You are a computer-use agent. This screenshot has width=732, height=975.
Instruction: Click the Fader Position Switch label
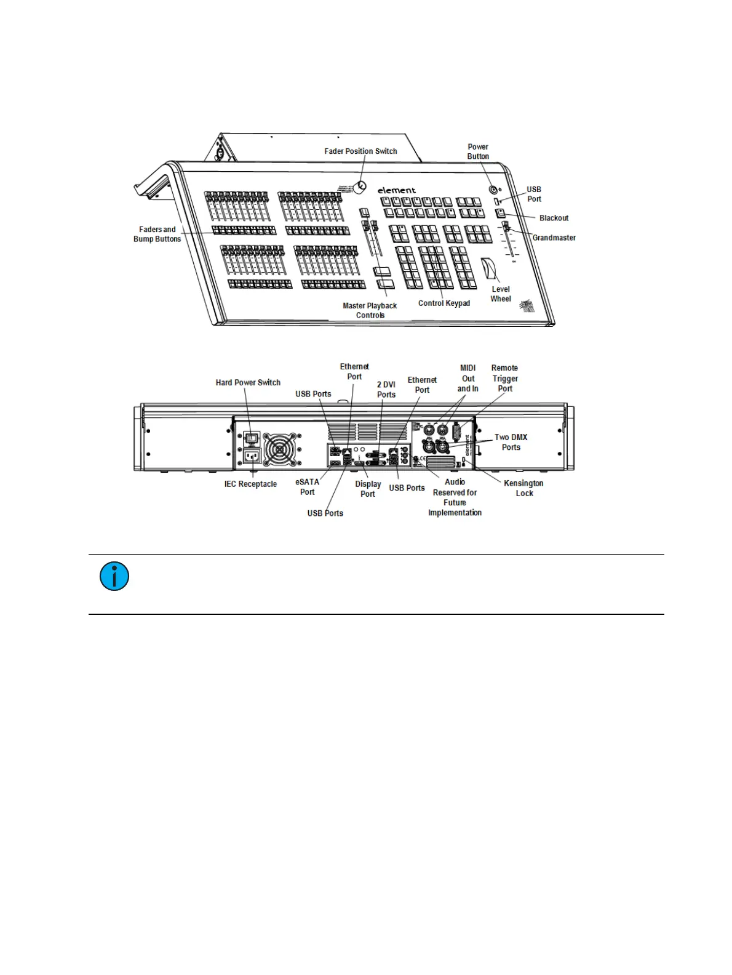(360, 151)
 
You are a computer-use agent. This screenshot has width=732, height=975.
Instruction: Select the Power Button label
(478, 151)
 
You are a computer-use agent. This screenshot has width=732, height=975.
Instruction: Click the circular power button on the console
(493, 190)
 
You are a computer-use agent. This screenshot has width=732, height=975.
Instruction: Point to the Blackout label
(554, 218)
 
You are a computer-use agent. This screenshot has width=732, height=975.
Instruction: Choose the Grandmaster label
(554, 238)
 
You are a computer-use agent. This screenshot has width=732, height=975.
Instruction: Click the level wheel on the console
(490, 269)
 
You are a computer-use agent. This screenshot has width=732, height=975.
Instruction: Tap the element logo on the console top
(397, 190)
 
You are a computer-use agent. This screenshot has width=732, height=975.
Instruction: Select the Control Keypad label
(444, 303)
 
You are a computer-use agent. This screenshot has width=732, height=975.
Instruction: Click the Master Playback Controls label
(370, 310)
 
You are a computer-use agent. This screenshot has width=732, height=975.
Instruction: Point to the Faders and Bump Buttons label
(157, 234)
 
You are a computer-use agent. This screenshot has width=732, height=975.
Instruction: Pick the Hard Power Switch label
(248, 383)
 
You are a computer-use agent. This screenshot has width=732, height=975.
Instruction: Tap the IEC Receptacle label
(250, 484)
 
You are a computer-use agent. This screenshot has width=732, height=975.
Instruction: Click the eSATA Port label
(307, 487)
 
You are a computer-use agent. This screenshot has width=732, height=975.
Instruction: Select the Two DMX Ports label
(511, 442)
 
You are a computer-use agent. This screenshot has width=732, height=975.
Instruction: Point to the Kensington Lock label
(523, 488)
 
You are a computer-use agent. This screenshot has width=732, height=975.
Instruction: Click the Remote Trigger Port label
(504, 378)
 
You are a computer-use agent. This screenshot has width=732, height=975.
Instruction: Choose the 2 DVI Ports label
(386, 390)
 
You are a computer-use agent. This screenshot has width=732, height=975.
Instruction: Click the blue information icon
(114, 577)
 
